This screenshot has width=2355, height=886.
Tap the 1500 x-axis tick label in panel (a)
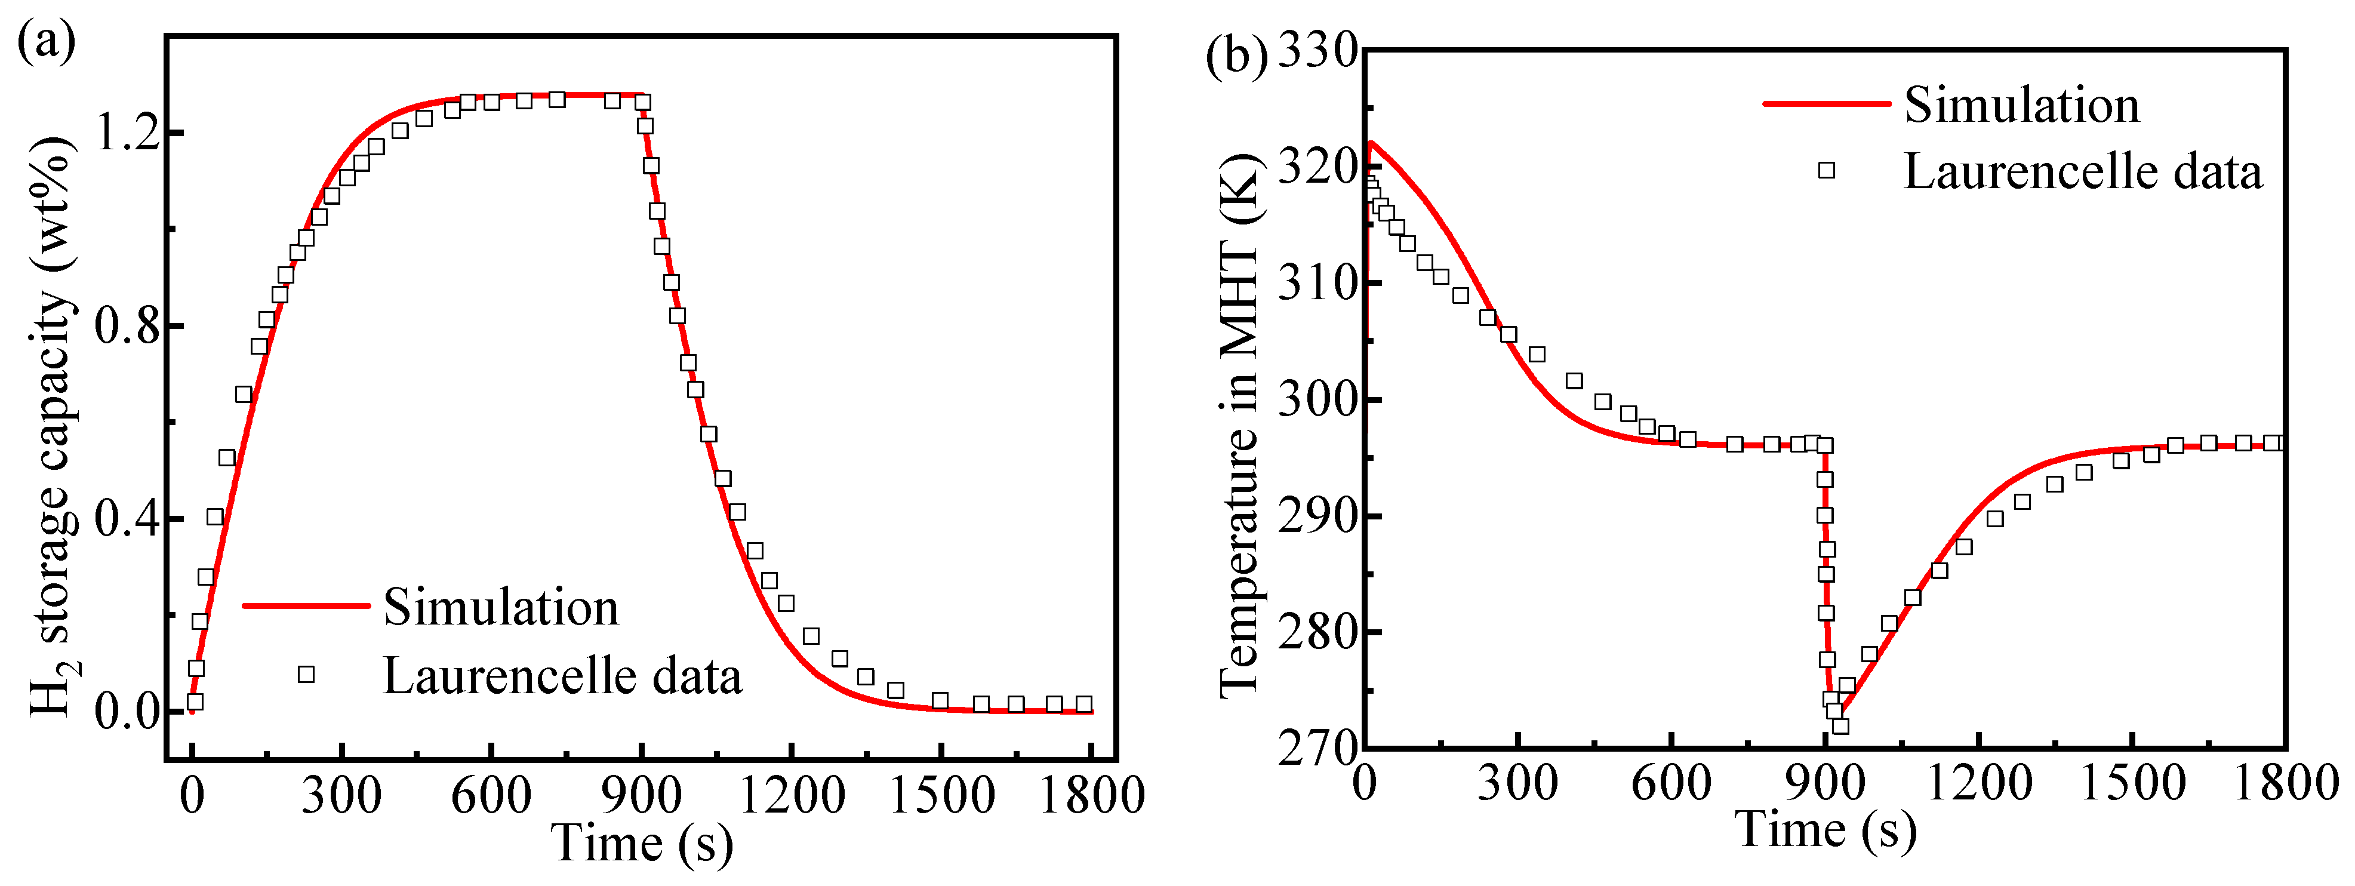click(941, 795)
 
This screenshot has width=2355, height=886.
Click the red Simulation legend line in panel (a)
click(306, 605)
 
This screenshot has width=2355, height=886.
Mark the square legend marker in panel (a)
click(306, 675)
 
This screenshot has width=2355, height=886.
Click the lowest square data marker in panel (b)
click(1840, 726)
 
